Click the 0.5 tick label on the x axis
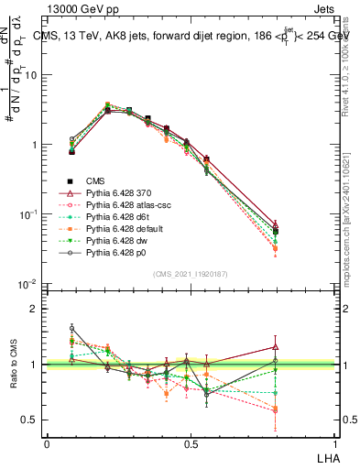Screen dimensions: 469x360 click(x=191, y=443)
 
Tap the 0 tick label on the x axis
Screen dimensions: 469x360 click(x=47, y=443)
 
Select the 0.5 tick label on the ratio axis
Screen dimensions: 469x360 click(x=33, y=420)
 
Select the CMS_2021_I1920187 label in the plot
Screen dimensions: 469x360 click(x=190, y=274)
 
